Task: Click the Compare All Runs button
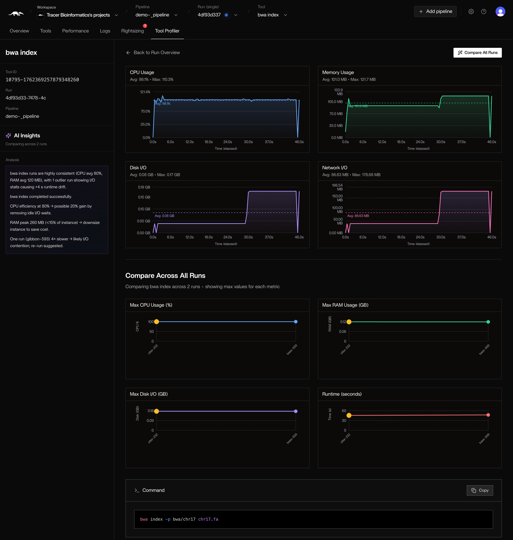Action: point(477,53)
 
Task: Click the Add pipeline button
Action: point(435,12)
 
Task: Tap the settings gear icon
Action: point(471,12)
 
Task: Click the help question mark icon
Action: point(483,12)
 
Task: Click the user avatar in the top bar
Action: point(500,12)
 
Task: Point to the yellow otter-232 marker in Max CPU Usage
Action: point(156,322)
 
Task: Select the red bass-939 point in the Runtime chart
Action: point(488,415)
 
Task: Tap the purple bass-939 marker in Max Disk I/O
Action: point(296,411)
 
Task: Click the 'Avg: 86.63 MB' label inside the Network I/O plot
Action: point(358,216)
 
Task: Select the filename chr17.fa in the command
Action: point(208,519)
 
